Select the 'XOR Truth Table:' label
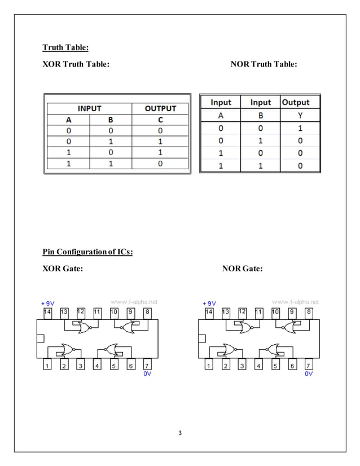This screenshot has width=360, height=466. pyautogui.click(x=76, y=64)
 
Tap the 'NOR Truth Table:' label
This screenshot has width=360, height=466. pyautogui.click(x=264, y=64)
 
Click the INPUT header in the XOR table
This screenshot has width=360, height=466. pyautogui.click(x=89, y=108)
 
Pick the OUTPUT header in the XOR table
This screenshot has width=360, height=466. pyautogui.click(x=160, y=108)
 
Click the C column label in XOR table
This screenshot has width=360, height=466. pyautogui.click(x=160, y=120)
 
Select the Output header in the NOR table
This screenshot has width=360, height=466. pyautogui.click(x=295, y=102)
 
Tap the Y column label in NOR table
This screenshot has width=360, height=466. pyautogui.click(x=300, y=115)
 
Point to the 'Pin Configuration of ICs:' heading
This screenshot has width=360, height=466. pyautogui.click(x=88, y=252)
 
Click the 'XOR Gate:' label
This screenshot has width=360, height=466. pyautogui.click(x=63, y=269)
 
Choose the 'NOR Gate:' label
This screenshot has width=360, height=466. pyautogui.click(x=242, y=269)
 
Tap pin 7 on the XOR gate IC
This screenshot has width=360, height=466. pyautogui.click(x=147, y=366)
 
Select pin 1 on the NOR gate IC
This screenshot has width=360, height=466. pyautogui.click(x=209, y=366)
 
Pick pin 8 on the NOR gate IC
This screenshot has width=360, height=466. pyautogui.click(x=309, y=311)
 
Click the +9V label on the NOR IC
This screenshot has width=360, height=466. pyautogui.click(x=209, y=303)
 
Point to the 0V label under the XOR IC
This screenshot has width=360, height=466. pyautogui.click(x=147, y=374)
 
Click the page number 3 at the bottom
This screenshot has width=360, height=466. pyautogui.click(x=180, y=433)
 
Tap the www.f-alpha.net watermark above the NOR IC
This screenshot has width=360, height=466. pyautogui.click(x=296, y=301)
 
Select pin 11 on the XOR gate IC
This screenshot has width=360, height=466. pyautogui.click(x=97, y=311)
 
